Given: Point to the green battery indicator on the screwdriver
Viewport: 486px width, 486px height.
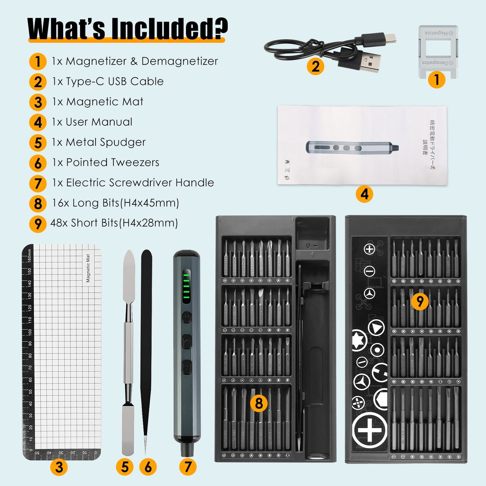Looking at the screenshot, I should [186, 286].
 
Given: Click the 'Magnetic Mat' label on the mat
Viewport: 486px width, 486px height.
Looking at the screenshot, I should [88, 268].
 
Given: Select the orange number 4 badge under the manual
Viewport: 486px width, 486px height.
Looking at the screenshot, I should [364, 194].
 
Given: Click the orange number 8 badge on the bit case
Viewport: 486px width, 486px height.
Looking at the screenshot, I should [259, 403].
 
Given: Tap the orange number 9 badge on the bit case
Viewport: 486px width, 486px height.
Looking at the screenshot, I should [420, 301].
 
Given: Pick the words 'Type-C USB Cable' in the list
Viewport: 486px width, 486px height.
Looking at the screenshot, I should [114, 81].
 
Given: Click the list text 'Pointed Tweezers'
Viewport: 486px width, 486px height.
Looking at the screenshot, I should [112, 162].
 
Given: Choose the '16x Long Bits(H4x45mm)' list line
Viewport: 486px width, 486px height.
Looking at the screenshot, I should [115, 203].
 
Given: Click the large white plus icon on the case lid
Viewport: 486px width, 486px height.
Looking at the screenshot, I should [369, 430].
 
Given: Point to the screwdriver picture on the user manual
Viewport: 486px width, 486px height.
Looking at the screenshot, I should [352, 147].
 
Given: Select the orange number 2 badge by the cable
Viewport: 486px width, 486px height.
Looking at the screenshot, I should [315, 66].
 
